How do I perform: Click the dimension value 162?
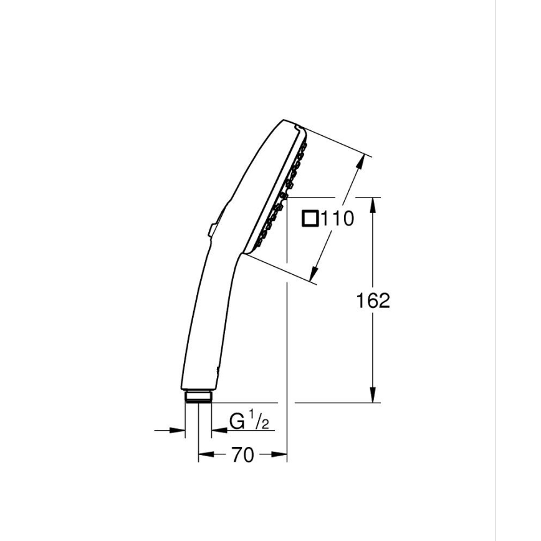coord(373,300)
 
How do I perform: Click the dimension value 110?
coord(337,219)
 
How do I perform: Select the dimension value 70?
coord(242,456)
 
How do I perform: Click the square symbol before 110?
coord(310,219)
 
